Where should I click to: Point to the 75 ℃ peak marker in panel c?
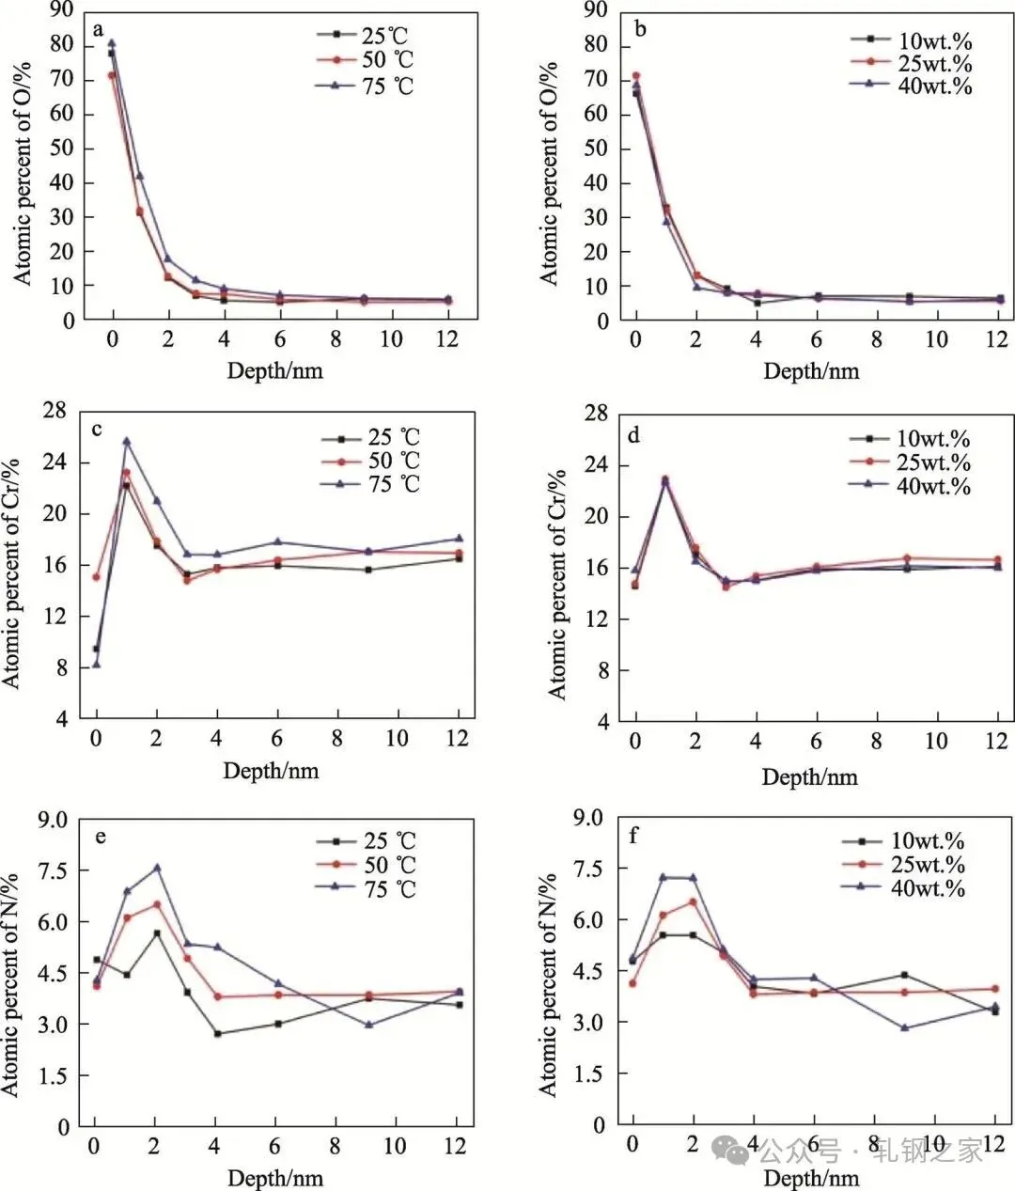[x=126, y=441]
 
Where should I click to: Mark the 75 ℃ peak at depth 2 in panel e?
[x=157, y=868]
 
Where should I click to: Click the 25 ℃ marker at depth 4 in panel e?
[x=217, y=1033]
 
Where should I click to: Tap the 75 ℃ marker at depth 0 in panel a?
[x=112, y=43]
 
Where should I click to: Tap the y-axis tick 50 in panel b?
[x=596, y=149]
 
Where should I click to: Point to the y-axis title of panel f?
[x=548, y=984]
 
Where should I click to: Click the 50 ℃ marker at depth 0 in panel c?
[x=96, y=576]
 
